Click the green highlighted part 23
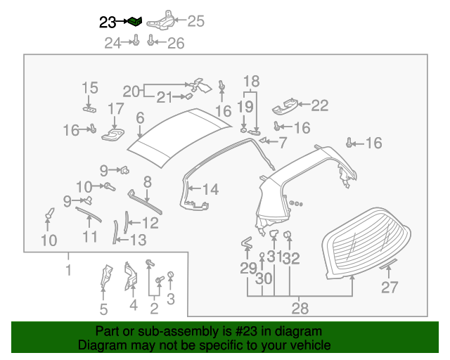point(135,21)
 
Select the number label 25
point(195,21)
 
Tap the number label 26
point(175,44)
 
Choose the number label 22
point(320,105)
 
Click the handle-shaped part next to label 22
point(285,105)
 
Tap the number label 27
point(390,287)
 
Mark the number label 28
point(300,308)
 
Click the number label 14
point(210,188)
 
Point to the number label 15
point(89,88)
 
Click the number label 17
point(116,109)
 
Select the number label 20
point(131,91)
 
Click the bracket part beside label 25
point(161,20)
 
